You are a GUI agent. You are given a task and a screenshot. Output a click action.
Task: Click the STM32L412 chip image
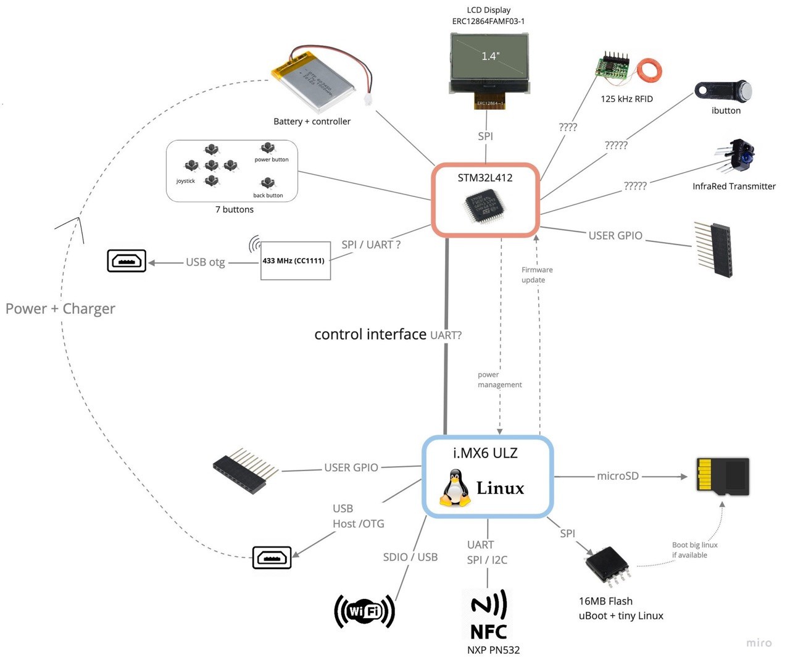[485, 206]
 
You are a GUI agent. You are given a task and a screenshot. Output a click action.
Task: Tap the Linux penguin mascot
[454, 488]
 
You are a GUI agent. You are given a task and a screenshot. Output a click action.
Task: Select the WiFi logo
[364, 611]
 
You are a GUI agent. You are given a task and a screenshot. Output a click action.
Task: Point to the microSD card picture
[723, 476]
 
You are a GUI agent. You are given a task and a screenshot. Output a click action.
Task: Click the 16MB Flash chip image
[607, 566]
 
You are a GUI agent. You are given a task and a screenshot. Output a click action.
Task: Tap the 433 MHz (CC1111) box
[295, 261]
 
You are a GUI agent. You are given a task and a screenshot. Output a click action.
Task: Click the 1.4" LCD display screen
[489, 57]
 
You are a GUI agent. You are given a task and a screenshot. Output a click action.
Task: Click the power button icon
[267, 148]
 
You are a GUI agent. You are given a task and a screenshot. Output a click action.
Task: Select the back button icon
[267, 183]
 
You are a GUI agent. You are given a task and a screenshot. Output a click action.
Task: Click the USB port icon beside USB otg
[127, 261]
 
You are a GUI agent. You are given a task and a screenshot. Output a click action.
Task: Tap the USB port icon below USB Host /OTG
[272, 558]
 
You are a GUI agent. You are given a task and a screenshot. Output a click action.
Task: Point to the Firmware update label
[536, 275]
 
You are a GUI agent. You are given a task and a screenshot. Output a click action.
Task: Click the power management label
[499, 380]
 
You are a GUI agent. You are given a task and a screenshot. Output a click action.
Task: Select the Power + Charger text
[60, 309]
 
